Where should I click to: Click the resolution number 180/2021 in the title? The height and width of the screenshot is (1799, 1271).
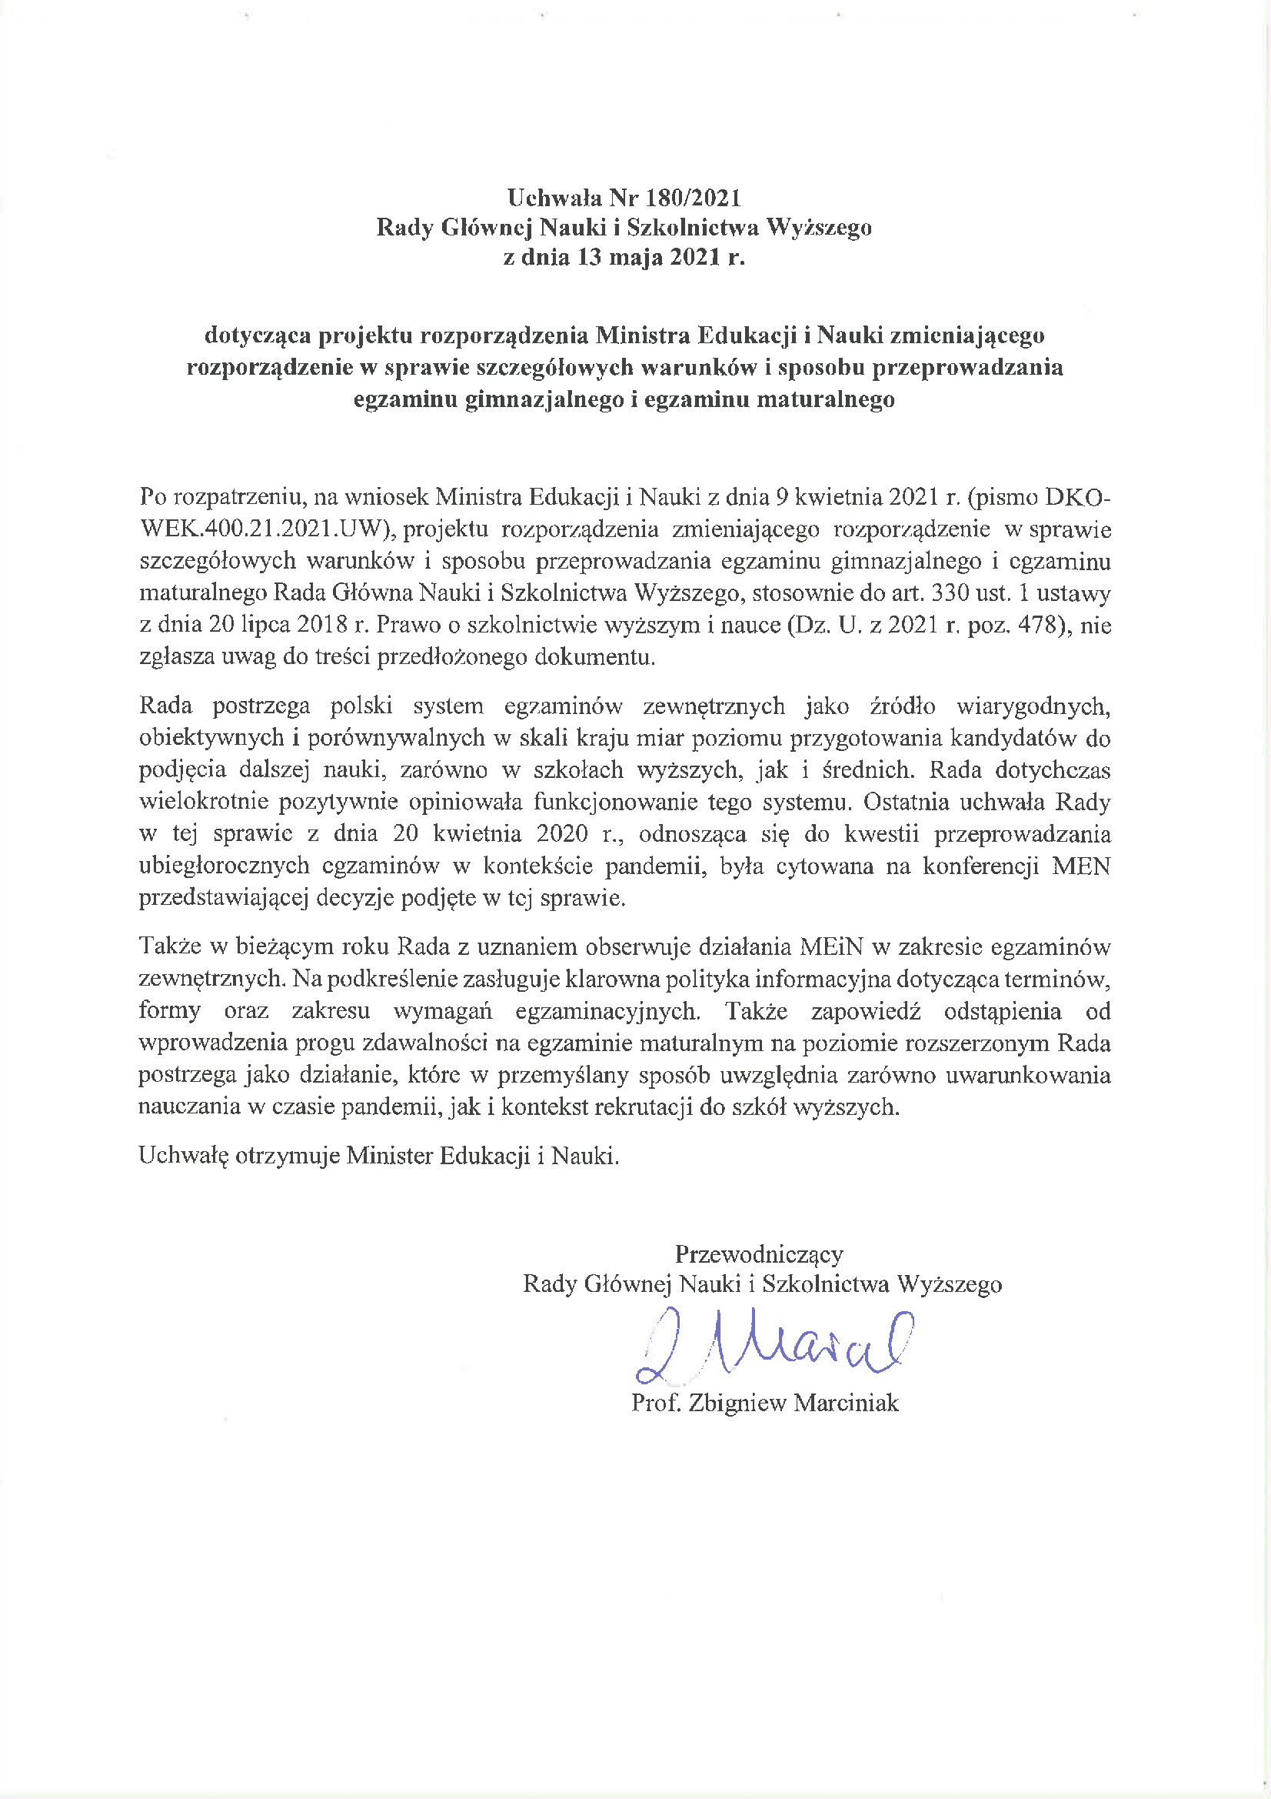coord(694,198)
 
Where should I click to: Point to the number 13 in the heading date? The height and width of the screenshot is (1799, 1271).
coord(589,257)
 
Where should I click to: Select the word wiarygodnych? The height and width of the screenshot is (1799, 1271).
coord(1033,706)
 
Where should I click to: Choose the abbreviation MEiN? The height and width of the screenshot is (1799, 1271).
coord(831,946)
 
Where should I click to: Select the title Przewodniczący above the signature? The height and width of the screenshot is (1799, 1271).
coord(758,1254)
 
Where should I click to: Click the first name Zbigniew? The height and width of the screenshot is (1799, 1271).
coord(736,1402)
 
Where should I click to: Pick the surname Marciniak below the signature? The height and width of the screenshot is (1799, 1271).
coord(846,1402)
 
